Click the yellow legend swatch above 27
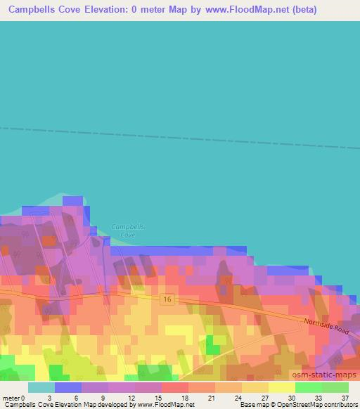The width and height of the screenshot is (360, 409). pos(255,387)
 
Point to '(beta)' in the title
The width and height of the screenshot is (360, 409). pos(301,10)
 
